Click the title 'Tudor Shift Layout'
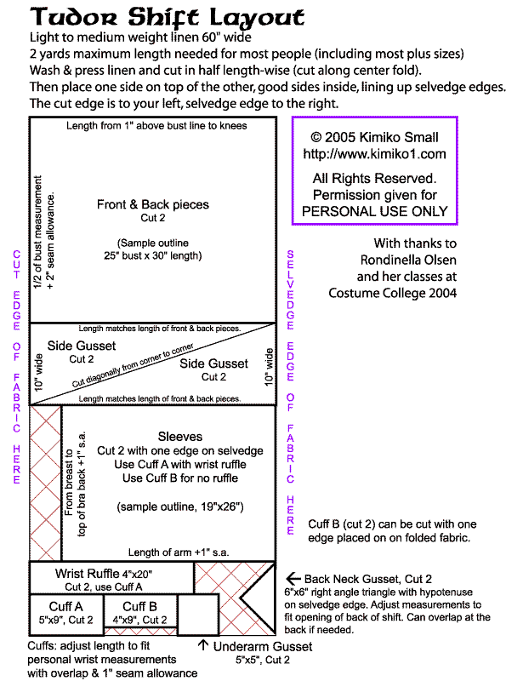coord(167,17)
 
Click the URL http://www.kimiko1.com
coord(374,154)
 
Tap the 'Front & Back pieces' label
coord(153,204)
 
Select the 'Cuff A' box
coord(66,612)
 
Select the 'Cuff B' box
coord(140,610)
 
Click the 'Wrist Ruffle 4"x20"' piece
coord(111,578)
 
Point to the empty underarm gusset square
coord(198,615)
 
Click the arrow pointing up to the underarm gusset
coord(203,644)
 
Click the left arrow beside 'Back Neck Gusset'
coord(293,579)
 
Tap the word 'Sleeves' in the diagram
coord(180,436)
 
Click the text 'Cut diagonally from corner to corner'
coord(133,365)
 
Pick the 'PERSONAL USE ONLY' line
coord(374,211)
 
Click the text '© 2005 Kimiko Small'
coord(374,137)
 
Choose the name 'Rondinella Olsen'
coord(408,260)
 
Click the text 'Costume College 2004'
coord(392,293)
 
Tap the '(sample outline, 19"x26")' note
coord(180,506)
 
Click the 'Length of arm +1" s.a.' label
coord(179,552)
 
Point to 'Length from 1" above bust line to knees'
coord(156,125)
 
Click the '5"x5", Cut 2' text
coord(263,660)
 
